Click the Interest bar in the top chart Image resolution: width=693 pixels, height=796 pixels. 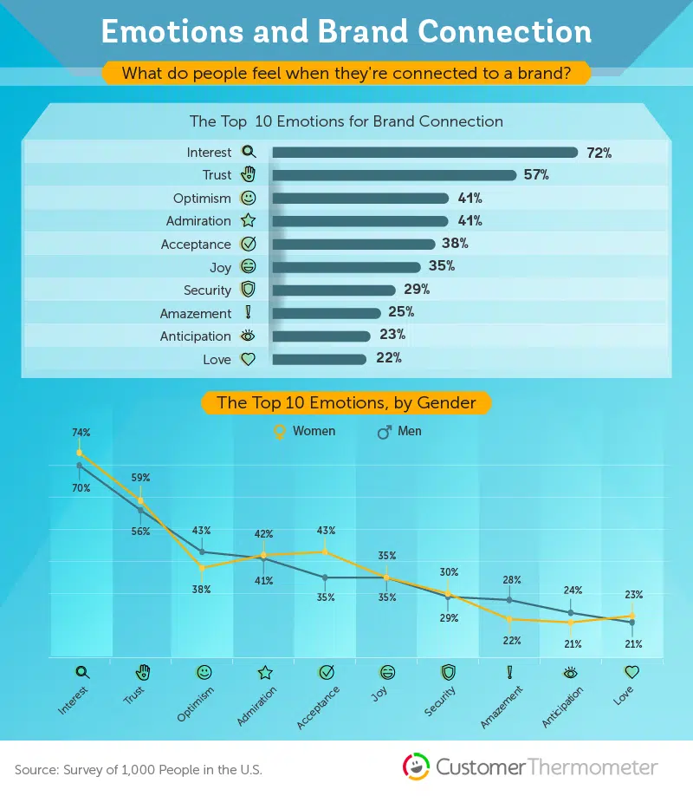pos(424,153)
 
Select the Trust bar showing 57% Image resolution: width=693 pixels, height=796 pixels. pos(394,175)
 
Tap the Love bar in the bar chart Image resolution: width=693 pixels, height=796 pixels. pos(320,359)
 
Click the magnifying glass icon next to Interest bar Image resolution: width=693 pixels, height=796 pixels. pos(249,153)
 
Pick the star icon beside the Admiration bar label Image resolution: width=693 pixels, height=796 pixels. pos(249,221)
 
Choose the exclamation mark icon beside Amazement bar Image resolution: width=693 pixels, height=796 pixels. pos(249,313)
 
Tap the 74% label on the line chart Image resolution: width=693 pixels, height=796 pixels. pos(81,432)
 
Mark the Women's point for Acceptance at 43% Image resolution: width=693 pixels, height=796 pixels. pos(326,551)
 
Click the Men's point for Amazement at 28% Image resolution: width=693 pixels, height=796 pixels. pos(509,599)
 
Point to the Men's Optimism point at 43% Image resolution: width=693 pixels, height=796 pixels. pos(203,551)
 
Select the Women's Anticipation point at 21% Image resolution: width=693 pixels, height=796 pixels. pos(571,622)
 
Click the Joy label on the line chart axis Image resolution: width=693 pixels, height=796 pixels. pos(379,693)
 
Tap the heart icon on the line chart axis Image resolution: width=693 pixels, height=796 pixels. pos(632,671)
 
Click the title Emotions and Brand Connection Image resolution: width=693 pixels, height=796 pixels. pos(346,32)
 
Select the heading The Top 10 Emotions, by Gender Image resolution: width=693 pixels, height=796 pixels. pos(346,402)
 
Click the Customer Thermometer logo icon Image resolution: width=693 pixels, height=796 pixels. pos(417,767)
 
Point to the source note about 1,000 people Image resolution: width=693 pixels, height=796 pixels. pos(139,769)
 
